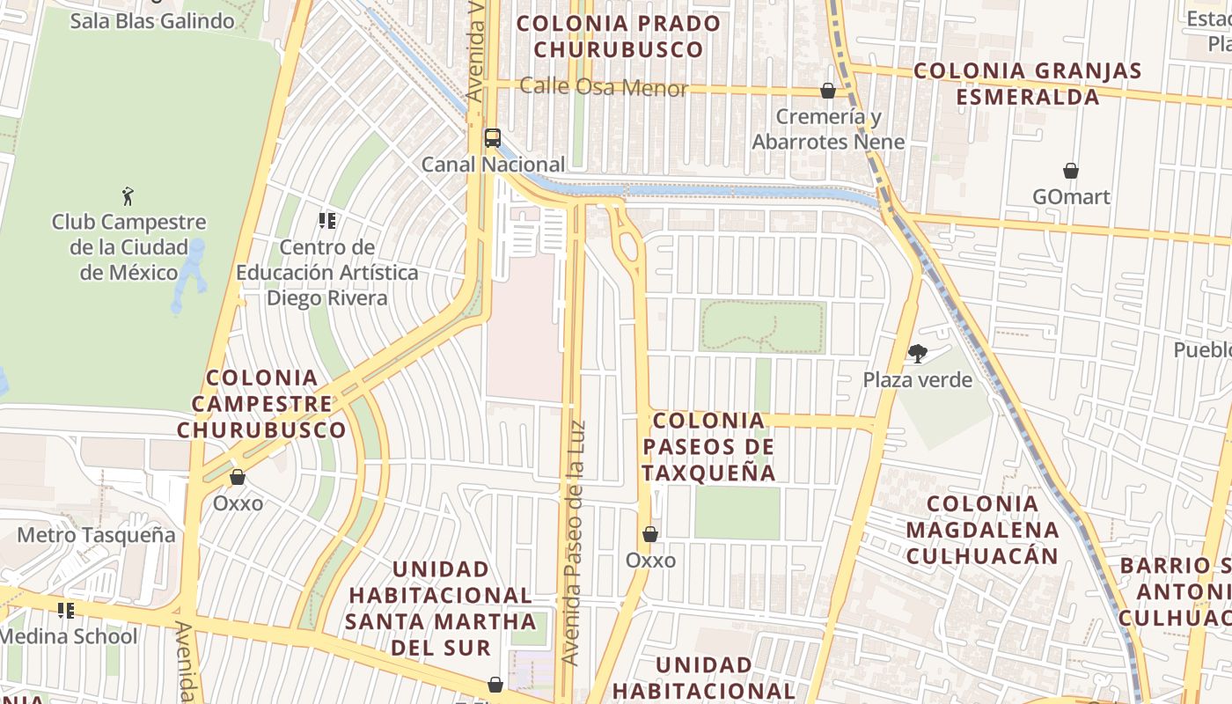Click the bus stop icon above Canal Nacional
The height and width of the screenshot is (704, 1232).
(492, 138)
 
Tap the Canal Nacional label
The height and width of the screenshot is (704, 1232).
(493, 165)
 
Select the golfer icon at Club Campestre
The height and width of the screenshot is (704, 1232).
(128, 196)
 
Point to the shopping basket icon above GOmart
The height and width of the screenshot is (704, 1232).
(1071, 171)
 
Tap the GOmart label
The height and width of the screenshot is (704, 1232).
(1071, 196)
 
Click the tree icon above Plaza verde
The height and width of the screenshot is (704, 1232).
(917, 354)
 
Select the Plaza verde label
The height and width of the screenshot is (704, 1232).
(917, 380)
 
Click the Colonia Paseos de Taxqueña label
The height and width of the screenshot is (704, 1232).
(708, 447)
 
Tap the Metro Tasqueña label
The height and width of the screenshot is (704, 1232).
(96, 535)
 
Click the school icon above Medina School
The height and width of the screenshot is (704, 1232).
(65, 610)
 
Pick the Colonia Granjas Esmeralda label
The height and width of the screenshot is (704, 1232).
(1028, 84)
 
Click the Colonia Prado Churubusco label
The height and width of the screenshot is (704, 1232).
(619, 36)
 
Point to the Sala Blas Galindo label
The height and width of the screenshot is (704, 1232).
(152, 21)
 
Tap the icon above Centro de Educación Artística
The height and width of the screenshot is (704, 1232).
(327, 220)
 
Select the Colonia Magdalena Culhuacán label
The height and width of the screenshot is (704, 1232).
(982, 530)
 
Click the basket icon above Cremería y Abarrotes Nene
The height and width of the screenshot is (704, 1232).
(827, 91)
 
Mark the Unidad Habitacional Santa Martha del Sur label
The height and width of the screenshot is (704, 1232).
(440, 608)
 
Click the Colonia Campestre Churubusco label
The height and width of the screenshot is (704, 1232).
(261, 404)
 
